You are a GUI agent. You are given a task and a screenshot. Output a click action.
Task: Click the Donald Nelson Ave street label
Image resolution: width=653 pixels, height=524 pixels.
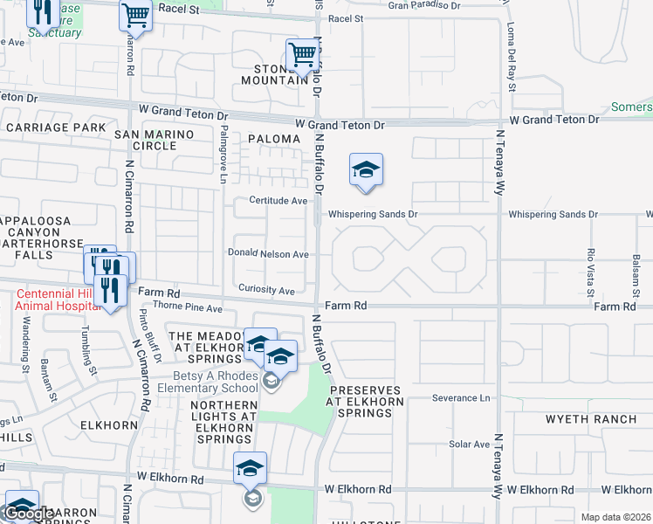tap(268, 254)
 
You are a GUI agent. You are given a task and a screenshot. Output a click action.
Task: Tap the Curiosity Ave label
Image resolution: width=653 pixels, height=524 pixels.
tap(272, 290)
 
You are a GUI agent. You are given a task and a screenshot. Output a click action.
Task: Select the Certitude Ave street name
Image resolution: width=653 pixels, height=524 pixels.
tap(278, 201)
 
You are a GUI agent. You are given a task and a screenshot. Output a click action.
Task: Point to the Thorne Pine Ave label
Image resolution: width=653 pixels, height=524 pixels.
tap(188, 308)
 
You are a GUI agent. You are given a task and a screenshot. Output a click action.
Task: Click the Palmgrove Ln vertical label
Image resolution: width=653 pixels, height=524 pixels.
tap(224, 154)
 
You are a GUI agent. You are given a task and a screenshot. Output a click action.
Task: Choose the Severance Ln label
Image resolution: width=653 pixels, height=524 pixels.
tap(461, 398)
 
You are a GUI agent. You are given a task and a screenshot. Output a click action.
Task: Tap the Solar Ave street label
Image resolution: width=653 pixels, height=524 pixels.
tap(470, 445)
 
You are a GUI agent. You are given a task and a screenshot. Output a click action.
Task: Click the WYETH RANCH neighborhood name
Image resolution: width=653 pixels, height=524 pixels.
tap(591, 419)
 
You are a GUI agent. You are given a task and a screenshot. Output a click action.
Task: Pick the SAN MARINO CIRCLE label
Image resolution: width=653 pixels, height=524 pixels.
tap(158, 139)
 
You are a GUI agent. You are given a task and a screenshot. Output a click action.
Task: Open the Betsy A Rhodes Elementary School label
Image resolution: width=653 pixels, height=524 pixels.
tap(203, 382)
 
